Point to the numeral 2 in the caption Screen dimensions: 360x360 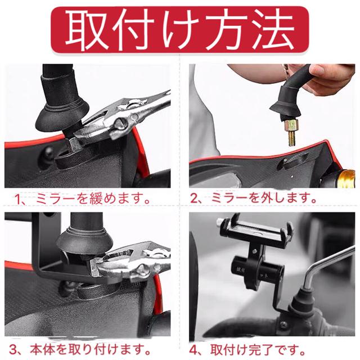pos(194,199)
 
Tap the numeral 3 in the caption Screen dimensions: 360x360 pos(13,350)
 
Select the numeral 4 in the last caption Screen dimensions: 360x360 pos(193,350)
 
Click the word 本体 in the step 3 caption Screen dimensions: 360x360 pos(42,349)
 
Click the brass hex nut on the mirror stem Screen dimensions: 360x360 pos(291,125)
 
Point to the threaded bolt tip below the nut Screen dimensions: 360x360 pos(291,139)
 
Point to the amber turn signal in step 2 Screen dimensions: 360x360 pos(346,178)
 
